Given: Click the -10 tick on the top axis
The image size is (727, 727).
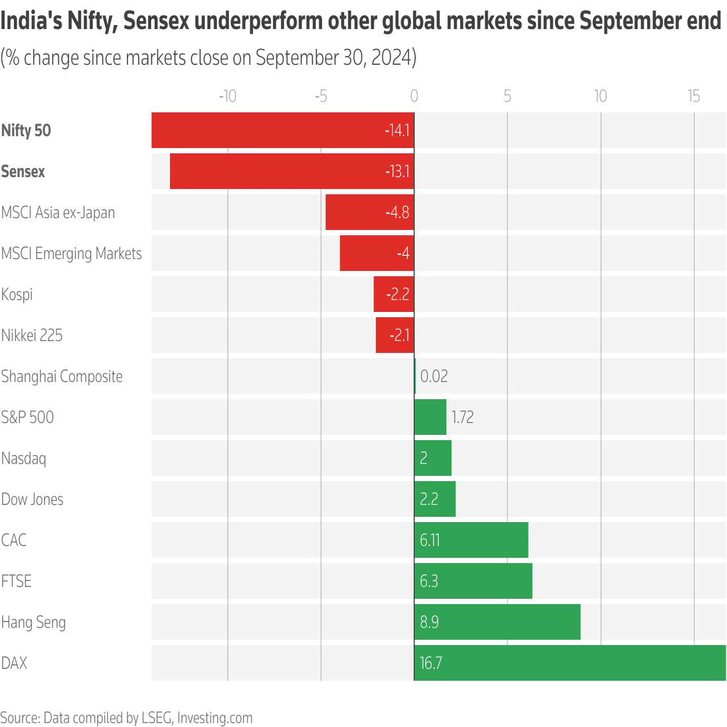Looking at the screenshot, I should [x=227, y=96].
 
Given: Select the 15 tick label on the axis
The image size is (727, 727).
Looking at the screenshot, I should [x=693, y=96].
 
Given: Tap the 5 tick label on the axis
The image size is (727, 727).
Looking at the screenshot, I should [x=507, y=96].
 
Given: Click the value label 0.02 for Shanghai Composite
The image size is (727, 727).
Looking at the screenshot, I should [x=434, y=376].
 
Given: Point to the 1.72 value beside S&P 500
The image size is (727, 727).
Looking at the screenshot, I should [x=462, y=417].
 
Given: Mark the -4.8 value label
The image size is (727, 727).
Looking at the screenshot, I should [x=397, y=212].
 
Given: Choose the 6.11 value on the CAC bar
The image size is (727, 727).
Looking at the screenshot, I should [x=430, y=540].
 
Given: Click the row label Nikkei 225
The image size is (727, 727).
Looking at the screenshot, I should [x=32, y=335].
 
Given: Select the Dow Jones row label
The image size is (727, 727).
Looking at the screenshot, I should [x=32, y=499].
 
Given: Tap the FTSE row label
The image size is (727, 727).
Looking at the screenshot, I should [x=17, y=581].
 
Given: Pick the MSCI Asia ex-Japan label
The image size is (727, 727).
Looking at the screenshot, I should [x=58, y=212].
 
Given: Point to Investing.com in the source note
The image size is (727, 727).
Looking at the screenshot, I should [x=215, y=718].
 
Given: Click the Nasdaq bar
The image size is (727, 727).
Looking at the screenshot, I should [x=433, y=458].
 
